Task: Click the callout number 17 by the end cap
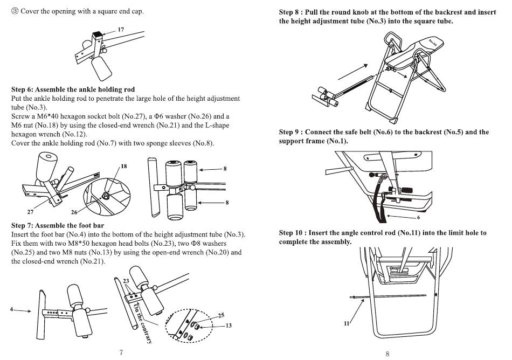[x=121, y=30]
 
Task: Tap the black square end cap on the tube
[x=98, y=33]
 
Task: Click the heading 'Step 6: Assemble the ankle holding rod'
[x=73, y=89]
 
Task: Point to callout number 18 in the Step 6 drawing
[x=124, y=166]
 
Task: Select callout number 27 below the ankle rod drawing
[x=30, y=212]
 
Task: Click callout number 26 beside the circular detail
[x=74, y=212]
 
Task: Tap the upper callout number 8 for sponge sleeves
[x=225, y=169]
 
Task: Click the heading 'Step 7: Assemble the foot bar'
[x=58, y=225]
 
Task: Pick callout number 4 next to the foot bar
[x=12, y=309]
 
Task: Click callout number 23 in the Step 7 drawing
[x=126, y=281]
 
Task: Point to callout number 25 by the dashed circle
[x=221, y=315]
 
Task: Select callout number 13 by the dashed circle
[x=229, y=326]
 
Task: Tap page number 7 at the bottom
[x=121, y=352]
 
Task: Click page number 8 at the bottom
[x=388, y=354]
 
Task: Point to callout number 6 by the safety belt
[x=418, y=217]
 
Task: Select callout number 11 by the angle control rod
[x=347, y=323]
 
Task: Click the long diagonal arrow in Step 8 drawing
[x=353, y=72]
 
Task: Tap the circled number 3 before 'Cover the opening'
[x=15, y=11]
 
